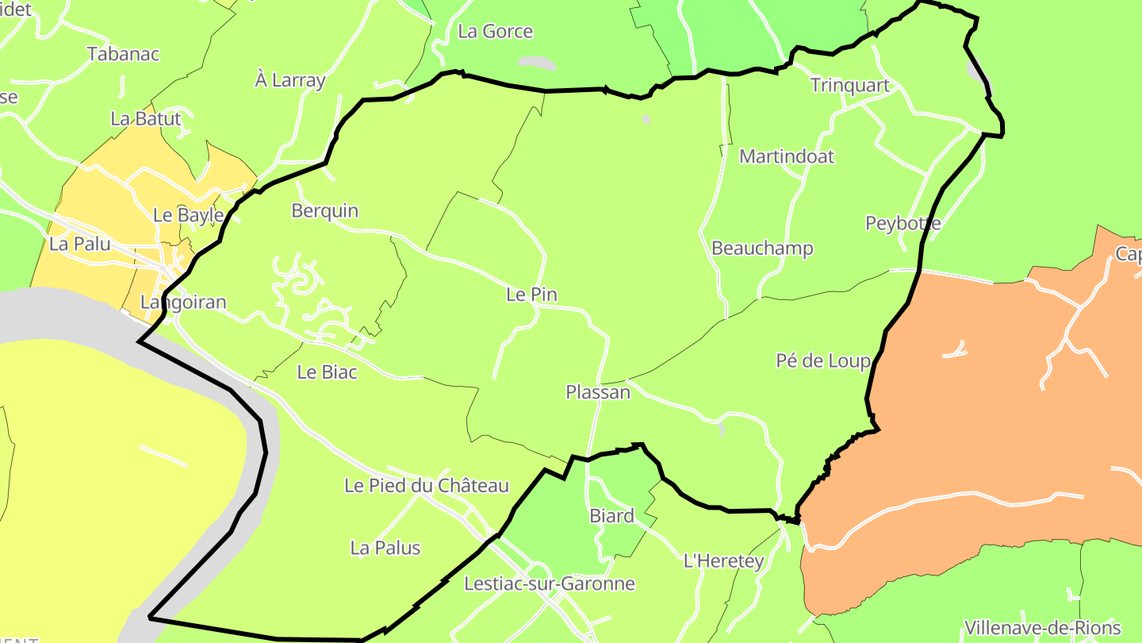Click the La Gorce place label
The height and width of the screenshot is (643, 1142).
496,32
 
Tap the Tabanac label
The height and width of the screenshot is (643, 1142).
124,54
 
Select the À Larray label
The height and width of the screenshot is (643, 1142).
290,80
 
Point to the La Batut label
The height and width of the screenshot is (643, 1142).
146,119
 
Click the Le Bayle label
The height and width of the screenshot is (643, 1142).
188,215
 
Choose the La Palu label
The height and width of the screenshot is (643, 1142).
80,244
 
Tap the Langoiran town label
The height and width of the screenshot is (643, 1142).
183,302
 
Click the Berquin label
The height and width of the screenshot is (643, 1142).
325,211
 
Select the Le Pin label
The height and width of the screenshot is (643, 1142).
531,295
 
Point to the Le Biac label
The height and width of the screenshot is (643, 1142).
327,372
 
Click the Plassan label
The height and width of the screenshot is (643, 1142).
598,392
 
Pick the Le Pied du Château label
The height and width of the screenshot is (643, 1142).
427,485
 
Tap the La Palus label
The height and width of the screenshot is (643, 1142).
385,548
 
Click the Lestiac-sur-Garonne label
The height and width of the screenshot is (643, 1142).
550,584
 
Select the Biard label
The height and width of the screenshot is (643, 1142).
611,516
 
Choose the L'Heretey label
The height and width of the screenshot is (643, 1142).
723,562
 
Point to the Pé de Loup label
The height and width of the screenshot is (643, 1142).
823,361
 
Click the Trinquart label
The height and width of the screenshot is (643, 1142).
850,86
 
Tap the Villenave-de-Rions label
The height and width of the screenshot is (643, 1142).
1043,628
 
